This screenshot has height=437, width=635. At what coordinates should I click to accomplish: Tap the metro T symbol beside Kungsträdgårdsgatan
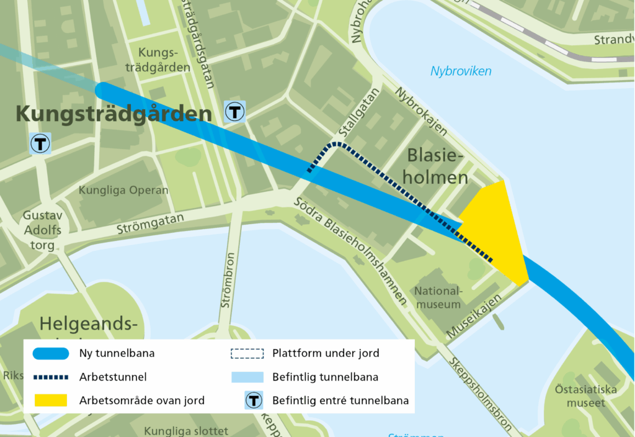coord(235,112)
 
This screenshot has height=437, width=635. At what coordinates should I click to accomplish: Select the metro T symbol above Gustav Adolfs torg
coord(41,144)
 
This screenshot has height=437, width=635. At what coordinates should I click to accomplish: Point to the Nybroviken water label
coord(461,71)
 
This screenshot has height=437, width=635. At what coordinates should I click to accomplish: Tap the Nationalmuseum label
coord(438,297)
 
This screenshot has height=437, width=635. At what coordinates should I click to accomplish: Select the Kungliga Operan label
coord(123,190)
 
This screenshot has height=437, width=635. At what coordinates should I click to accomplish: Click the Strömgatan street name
coord(151,223)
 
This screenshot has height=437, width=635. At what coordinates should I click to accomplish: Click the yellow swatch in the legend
coord(47,400)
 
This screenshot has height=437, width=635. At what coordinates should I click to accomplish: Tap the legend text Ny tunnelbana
coord(117,354)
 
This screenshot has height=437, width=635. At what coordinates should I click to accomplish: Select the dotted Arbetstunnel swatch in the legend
coord(47,377)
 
